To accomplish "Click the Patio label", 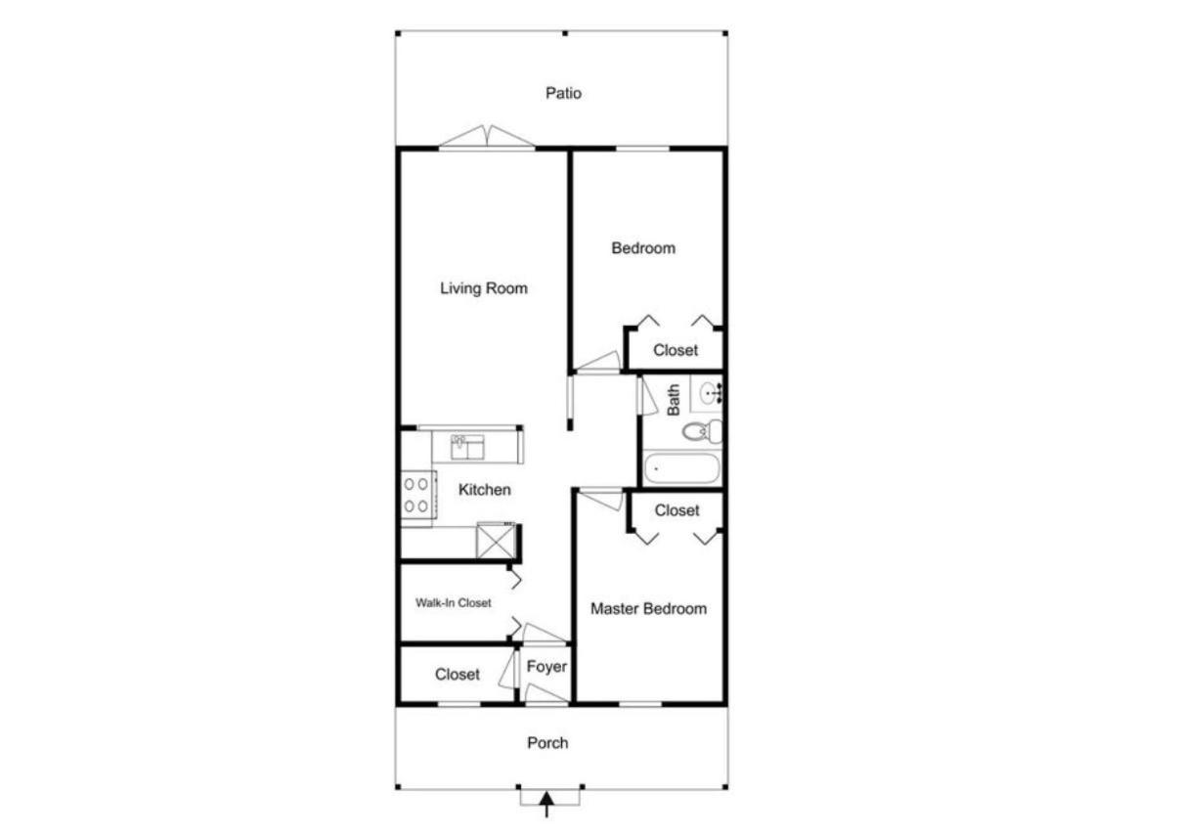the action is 563,93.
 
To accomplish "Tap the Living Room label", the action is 484,288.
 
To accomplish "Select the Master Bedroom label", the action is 648,608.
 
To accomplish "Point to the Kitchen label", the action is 484,490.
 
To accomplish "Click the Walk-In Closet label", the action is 454,602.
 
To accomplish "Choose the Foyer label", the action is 546,667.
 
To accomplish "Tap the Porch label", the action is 547,743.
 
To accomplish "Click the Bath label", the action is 674,400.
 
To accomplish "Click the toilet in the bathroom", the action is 702,431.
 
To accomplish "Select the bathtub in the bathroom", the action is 682,468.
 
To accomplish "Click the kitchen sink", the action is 467,447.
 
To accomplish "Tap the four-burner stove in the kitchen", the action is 418,496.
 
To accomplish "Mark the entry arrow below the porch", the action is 546,805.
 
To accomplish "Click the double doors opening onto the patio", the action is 487,137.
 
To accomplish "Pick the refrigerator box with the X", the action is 497,540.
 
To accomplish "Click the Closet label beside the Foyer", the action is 457,675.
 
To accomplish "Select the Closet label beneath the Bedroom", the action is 676,350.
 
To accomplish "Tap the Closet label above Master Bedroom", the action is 677,510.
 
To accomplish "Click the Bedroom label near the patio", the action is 643,248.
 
